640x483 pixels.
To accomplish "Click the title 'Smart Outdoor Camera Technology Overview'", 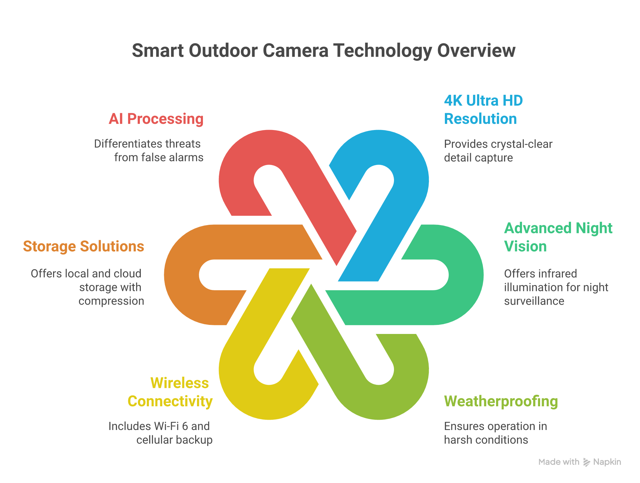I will pos(323,51).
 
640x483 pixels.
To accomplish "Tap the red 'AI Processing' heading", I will pos(156,119).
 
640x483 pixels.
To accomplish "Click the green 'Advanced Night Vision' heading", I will pos(558,237).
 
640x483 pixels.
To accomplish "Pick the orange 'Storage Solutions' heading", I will pos(84,246).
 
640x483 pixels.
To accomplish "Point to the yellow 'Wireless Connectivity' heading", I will pos(170,392).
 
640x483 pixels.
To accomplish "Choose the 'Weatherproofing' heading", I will pos(501,401).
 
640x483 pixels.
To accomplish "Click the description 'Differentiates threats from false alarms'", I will pos(149,151).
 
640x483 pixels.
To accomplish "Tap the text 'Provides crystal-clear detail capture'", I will pos(498,151).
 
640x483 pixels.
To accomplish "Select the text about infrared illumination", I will pos(556,287).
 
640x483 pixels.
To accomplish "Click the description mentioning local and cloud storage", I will pos(87,287).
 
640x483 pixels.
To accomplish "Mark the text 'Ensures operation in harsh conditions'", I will pos(495,433).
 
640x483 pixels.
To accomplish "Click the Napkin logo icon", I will pos(587,462).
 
